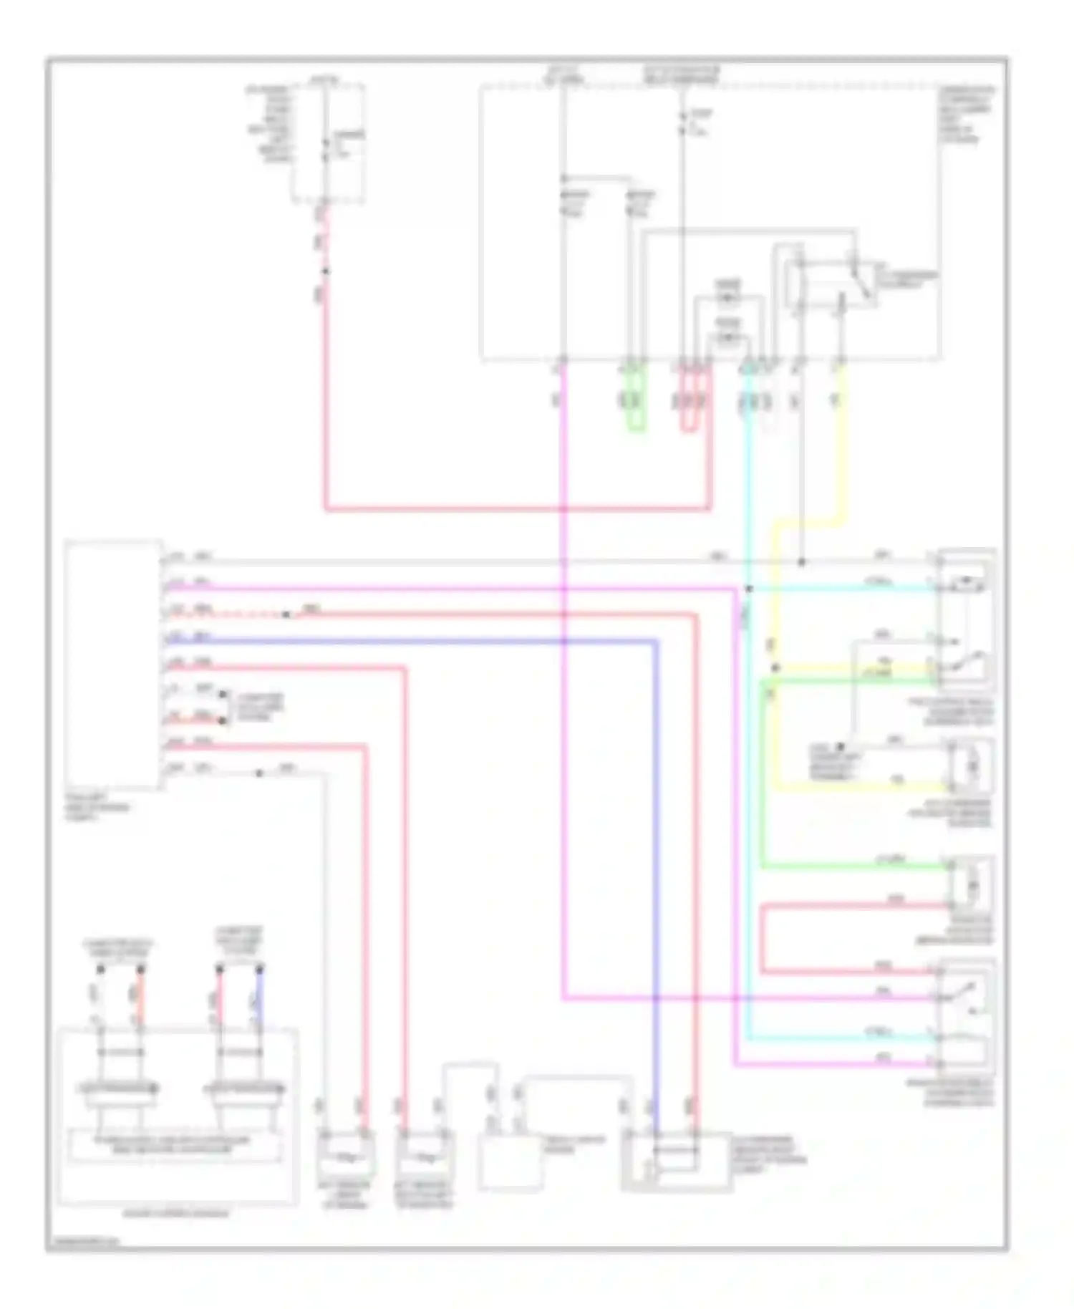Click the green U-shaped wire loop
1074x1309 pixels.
(635, 430)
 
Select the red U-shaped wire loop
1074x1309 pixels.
(688, 430)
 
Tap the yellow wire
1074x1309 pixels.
(843, 458)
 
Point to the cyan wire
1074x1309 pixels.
(748, 788)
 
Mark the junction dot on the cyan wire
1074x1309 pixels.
(749, 589)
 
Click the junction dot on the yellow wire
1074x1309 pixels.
(775, 667)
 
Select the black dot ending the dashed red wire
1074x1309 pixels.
(286, 614)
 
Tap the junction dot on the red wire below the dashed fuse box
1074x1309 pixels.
(326, 271)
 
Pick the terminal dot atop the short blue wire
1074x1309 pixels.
(260, 970)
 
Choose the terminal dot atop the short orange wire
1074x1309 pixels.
(141, 970)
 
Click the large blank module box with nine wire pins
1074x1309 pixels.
(113, 665)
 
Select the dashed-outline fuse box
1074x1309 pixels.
(328, 143)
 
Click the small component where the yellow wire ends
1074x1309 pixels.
(971, 767)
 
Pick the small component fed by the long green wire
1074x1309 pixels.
(971, 884)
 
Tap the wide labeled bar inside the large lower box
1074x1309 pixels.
(174, 1145)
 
